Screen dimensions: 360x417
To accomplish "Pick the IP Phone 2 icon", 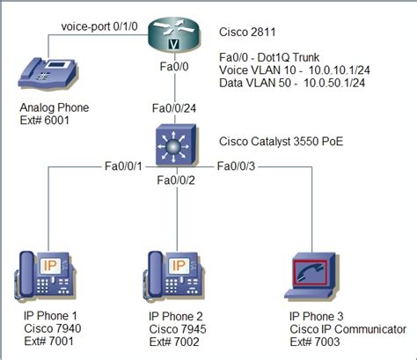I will (x=171, y=275).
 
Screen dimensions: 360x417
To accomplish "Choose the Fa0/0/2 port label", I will (x=177, y=181).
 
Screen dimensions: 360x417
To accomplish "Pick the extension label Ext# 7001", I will (x=40, y=340).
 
